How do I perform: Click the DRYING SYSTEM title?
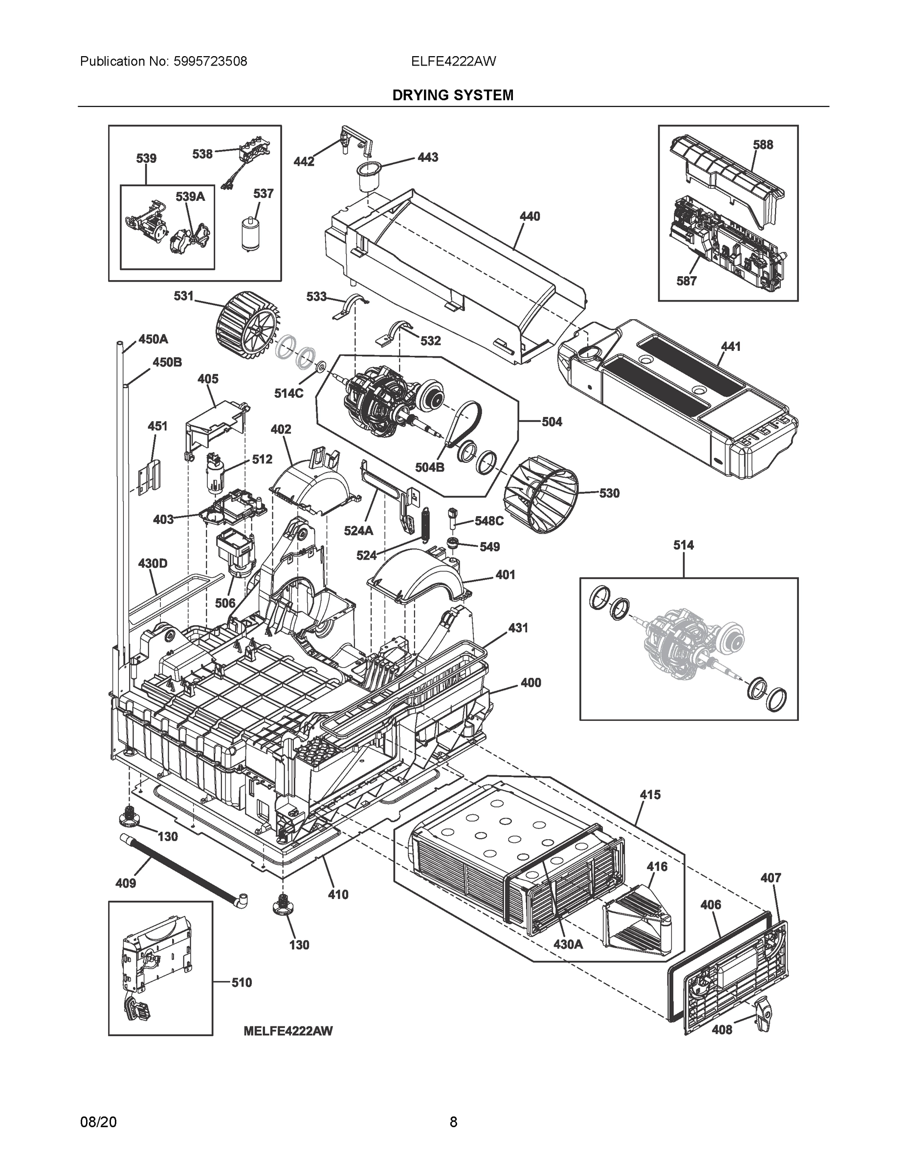pos(452,95)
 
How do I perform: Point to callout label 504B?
pos(429,467)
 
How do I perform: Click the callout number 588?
pos(762,145)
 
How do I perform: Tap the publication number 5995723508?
pos(211,61)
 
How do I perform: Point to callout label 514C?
pos(288,393)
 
